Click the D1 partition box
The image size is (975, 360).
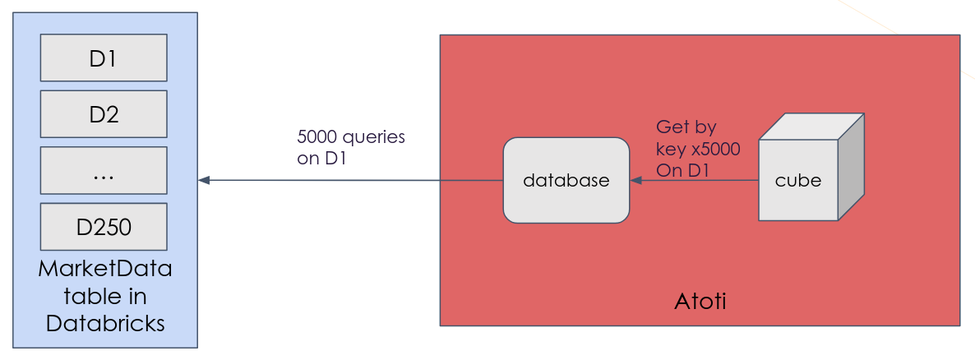point(104,58)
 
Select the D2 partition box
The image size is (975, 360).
point(104,113)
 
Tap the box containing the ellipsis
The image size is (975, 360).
point(104,170)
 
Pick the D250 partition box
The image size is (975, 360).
point(104,226)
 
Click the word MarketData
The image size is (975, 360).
point(105,270)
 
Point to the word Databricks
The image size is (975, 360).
point(105,324)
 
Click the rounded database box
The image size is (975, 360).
point(566,180)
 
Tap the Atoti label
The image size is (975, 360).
point(700,302)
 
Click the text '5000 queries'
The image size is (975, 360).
point(351,136)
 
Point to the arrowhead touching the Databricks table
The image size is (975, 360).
point(204,180)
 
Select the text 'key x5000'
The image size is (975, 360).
point(697,150)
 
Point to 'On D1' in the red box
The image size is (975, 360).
point(682,170)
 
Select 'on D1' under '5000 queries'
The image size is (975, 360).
point(321,158)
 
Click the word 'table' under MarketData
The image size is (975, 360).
point(105,297)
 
